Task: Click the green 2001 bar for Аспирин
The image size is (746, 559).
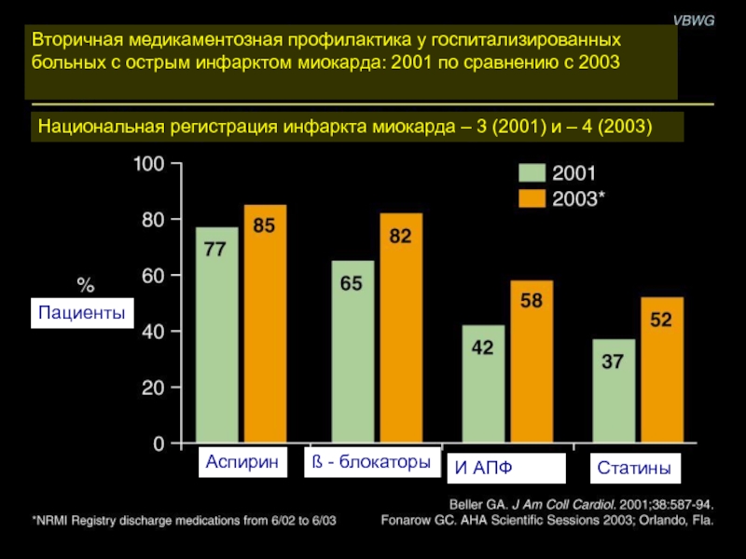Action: point(217,335)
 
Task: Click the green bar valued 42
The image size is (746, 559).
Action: point(484,384)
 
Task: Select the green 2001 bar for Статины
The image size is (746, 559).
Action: point(613,391)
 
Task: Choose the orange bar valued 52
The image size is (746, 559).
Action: point(661,370)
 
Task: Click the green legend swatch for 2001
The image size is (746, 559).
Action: point(532,173)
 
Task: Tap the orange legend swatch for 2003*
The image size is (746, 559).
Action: point(532,198)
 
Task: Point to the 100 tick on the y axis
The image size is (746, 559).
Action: point(148,164)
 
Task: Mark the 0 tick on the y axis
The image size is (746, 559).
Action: point(159,444)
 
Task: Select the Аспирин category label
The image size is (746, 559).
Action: point(242,463)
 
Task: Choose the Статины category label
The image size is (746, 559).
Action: point(634,467)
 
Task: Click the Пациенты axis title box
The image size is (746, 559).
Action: point(82,313)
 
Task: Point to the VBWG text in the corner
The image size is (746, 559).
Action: point(695,20)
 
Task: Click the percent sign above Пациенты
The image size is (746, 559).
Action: point(85,283)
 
